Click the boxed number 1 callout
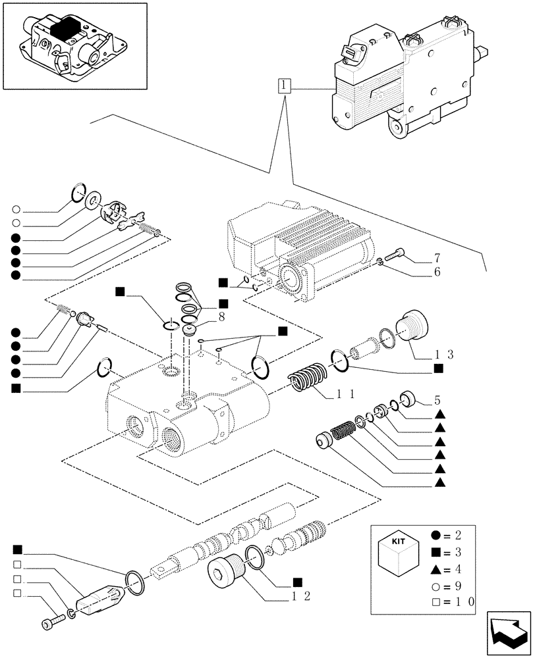pyautogui.click(x=283, y=86)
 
